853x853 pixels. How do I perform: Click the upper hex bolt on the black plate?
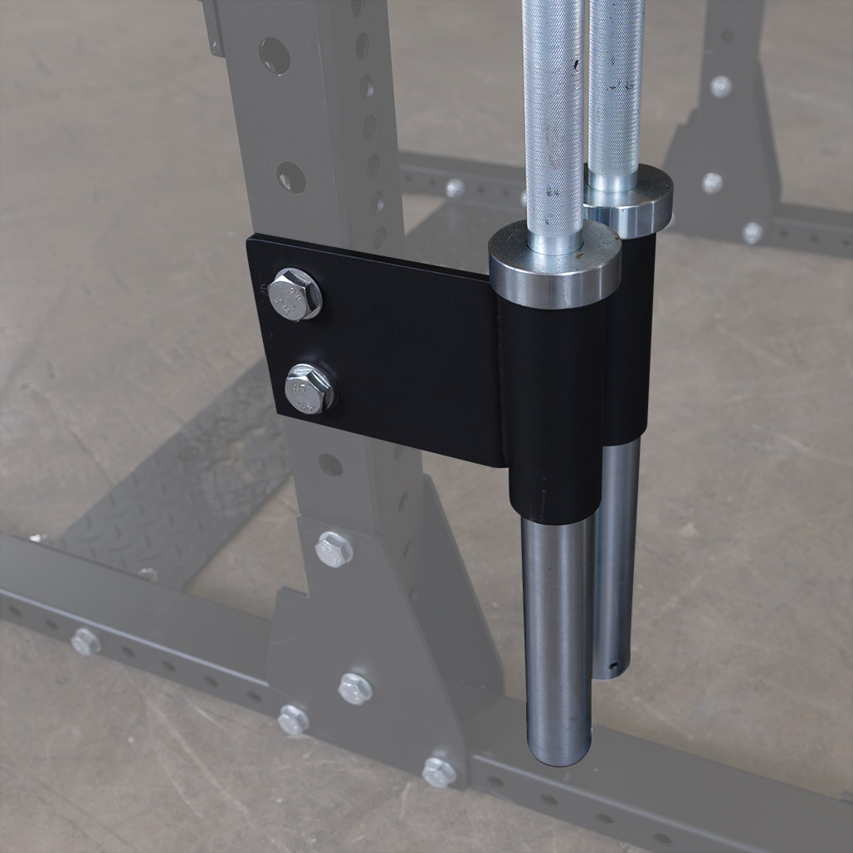(295, 294)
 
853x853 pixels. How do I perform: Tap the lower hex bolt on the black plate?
(309, 388)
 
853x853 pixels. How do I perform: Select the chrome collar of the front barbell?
(554, 266)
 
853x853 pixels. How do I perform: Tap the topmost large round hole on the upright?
(274, 56)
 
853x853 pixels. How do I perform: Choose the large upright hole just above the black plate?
(290, 177)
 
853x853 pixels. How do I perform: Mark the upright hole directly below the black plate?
(330, 465)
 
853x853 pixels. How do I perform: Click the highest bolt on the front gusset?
(334, 549)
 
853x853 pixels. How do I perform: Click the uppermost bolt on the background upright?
(720, 85)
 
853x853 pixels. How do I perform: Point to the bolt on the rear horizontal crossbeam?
(455, 188)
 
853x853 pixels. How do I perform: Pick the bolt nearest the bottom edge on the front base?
(439, 772)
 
